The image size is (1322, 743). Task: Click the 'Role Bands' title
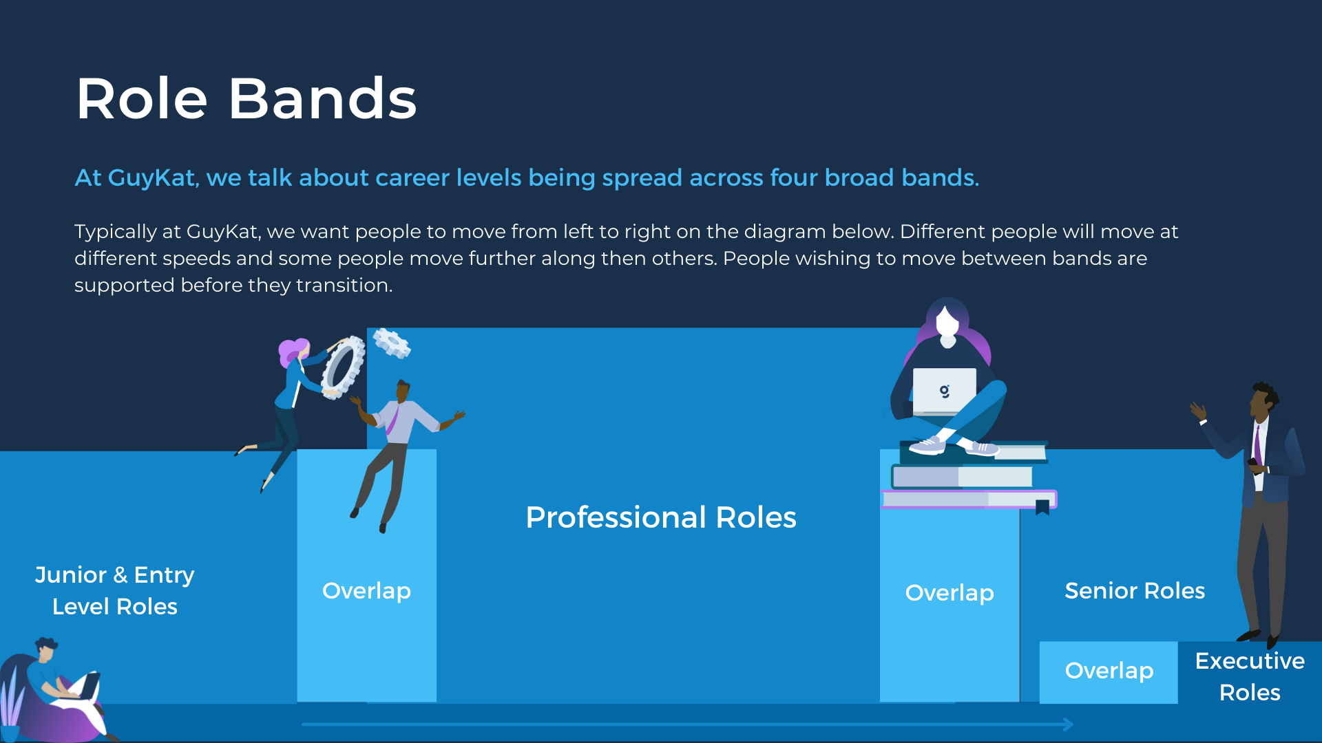pyautogui.click(x=246, y=98)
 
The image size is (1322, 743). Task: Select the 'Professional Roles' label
pyautogui.click(x=661, y=517)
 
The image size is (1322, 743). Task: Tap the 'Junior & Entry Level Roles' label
pyautogui.click(x=115, y=590)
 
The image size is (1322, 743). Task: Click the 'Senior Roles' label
pyautogui.click(x=1135, y=590)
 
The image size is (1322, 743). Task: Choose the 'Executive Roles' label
pyautogui.click(x=1250, y=676)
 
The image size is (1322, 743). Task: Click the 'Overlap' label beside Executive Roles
pyautogui.click(x=1109, y=670)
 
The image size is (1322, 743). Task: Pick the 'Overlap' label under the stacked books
pyautogui.click(x=949, y=592)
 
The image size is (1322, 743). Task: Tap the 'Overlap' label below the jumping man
pyautogui.click(x=366, y=590)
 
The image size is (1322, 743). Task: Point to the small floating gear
pyautogui.click(x=392, y=343)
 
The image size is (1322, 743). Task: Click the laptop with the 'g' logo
pyautogui.click(x=944, y=391)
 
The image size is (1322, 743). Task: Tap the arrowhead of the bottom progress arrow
pyautogui.click(x=1068, y=724)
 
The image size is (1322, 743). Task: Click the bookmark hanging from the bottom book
pyautogui.click(x=1042, y=508)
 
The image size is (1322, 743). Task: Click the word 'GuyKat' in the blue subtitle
pyautogui.click(x=151, y=178)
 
